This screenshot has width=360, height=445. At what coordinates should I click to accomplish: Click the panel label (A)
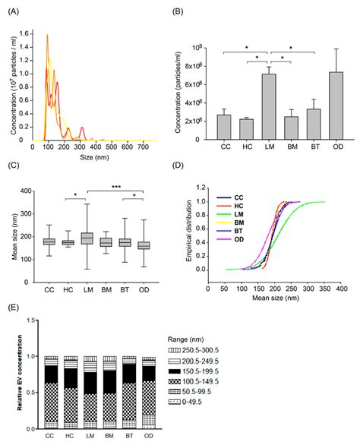[x=14, y=10]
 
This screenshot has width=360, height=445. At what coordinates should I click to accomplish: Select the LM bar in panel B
[x=268, y=107]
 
